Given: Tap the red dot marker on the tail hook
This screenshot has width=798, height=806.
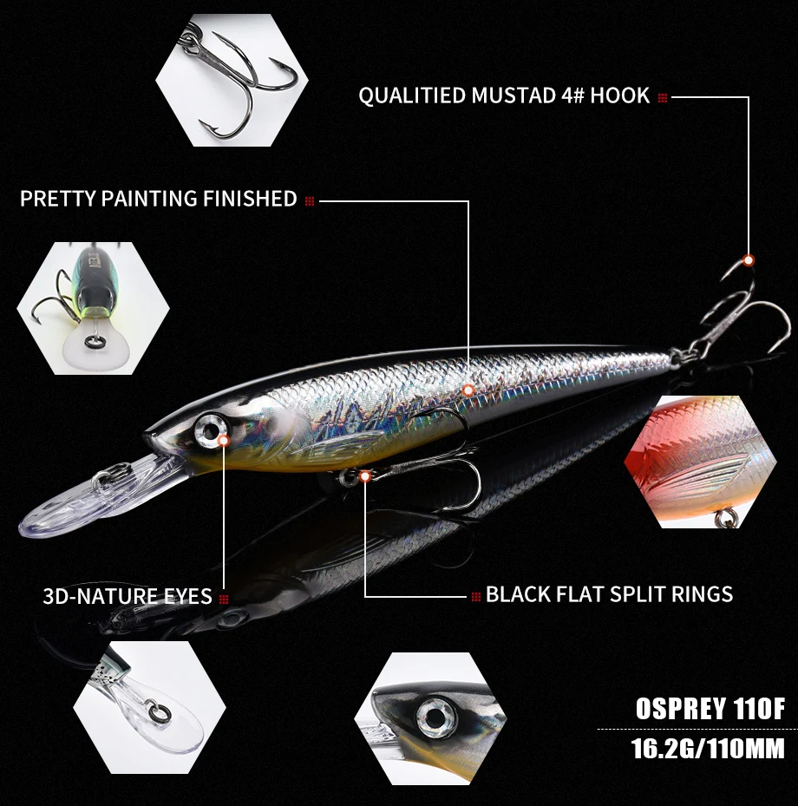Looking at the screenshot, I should (748, 259).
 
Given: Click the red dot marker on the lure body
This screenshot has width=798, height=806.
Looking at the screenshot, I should (468, 390).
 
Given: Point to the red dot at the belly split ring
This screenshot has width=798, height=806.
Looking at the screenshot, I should (365, 475).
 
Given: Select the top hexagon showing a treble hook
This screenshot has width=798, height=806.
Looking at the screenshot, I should (232, 81).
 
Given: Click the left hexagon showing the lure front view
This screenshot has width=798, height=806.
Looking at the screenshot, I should (93, 308).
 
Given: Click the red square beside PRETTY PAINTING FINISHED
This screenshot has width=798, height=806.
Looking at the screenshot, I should (310, 200).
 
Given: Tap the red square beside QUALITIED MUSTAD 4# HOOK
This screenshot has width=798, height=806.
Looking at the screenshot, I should (663, 98).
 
